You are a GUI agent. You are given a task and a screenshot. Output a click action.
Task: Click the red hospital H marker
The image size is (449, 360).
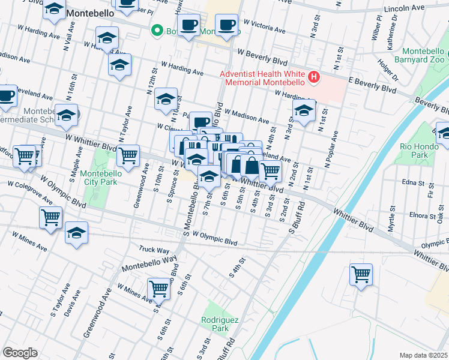313,77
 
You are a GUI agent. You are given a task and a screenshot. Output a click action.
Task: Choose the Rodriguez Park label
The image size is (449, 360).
215,325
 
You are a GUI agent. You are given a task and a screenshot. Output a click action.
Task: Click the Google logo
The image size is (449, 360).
20,353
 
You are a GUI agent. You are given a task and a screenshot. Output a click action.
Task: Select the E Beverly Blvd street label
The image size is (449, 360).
374,84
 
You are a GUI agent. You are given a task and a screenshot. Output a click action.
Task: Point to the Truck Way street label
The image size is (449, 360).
154,249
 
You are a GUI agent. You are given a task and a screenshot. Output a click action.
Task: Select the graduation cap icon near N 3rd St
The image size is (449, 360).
304,110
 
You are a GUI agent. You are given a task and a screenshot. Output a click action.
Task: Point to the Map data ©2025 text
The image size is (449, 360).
423,355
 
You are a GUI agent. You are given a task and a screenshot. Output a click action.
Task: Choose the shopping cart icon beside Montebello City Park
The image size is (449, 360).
127,155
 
